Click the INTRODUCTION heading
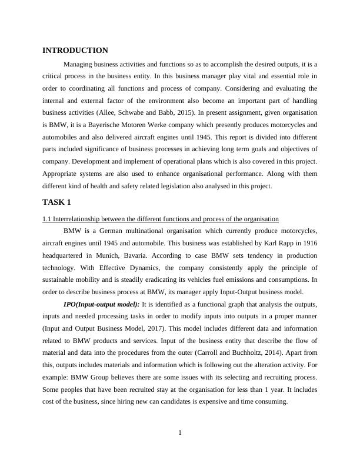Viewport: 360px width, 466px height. pyautogui.click(x=75, y=51)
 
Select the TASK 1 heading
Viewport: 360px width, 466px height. pyautogui.click(x=56, y=202)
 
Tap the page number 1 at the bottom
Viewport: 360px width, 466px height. pyautogui.click(x=180, y=434)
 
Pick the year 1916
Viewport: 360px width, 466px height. pyautogui.click(x=308, y=244)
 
